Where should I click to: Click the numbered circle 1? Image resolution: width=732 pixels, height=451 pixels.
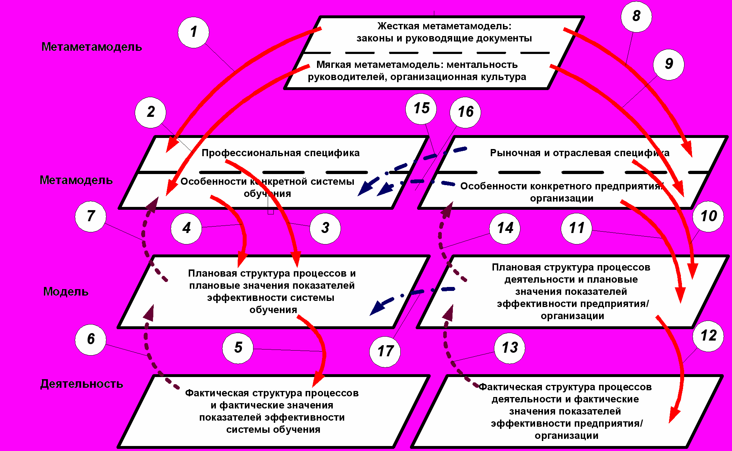(x=193, y=32)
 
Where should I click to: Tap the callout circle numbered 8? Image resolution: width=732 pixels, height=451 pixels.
(x=636, y=16)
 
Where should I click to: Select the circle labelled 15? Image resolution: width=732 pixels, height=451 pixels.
(x=421, y=108)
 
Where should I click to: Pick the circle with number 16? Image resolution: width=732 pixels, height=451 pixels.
(x=465, y=112)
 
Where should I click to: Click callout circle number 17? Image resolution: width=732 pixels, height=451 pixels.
(x=385, y=351)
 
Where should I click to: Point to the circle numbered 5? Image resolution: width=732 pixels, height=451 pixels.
(x=238, y=348)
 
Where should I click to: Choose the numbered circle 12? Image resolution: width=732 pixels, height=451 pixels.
(x=708, y=336)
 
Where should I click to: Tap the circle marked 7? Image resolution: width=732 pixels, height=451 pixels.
(x=90, y=216)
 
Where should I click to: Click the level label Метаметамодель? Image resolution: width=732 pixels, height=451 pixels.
(x=91, y=47)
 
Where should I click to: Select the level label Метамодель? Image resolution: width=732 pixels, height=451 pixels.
(x=76, y=180)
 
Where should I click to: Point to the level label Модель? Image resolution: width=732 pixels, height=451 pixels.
(x=66, y=292)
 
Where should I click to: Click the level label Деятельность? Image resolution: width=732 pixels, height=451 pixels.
(x=81, y=384)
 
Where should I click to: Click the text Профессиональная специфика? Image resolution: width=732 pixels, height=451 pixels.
(x=281, y=153)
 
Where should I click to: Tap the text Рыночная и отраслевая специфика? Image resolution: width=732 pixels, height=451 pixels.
(x=579, y=153)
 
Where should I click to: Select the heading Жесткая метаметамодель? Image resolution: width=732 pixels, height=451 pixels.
(x=444, y=26)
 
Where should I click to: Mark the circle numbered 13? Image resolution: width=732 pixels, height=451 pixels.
(x=509, y=348)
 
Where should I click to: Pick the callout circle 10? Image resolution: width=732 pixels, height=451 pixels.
(x=708, y=216)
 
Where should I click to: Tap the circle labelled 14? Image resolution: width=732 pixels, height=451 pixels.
(x=505, y=228)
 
